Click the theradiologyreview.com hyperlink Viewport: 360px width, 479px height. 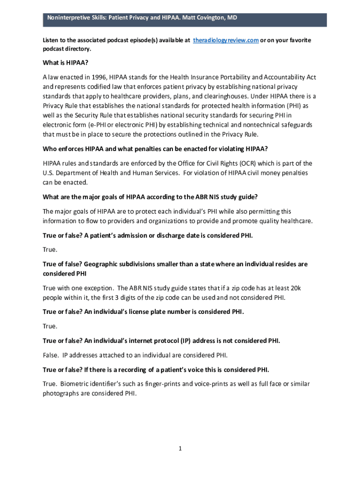click(x=226, y=41)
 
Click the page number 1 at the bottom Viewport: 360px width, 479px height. click(x=180, y=449)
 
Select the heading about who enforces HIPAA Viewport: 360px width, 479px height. click(x=155, y=149)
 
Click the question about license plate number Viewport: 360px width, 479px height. click(x=143, y=312)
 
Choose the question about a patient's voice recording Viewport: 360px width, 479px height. click(x=156, y=370)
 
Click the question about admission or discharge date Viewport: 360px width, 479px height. click(x=148, y=235)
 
